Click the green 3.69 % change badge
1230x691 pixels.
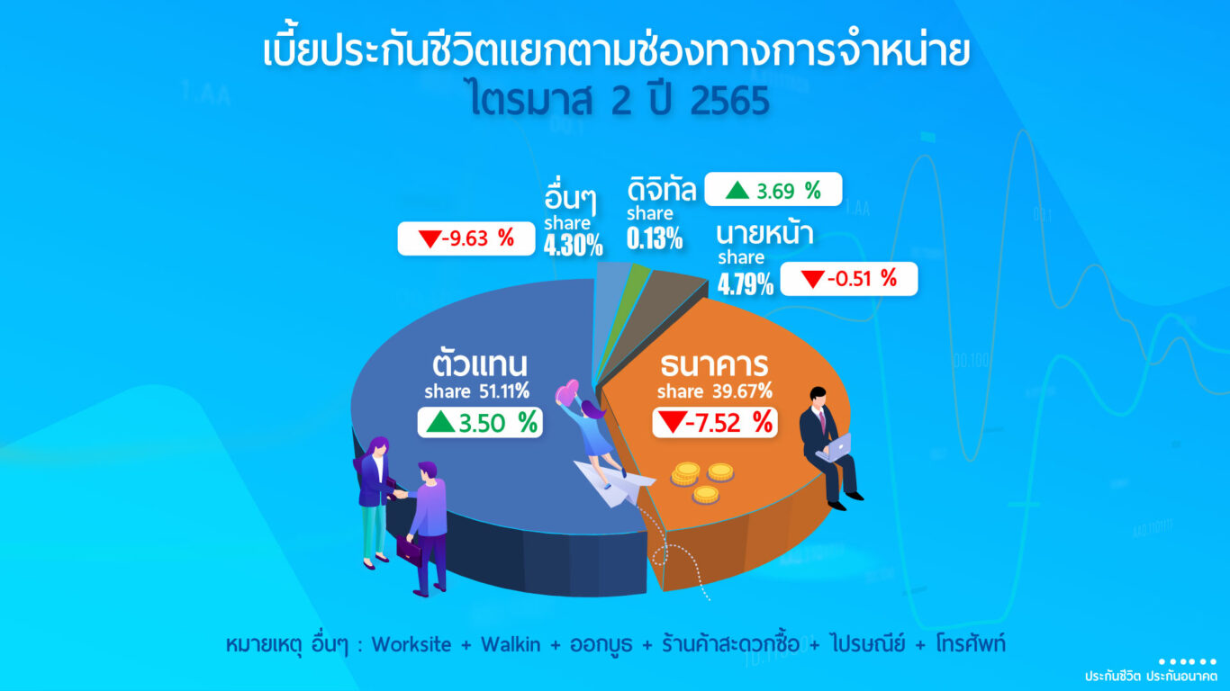click(x=773, y=189)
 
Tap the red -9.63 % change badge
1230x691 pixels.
click(x=466, y=238)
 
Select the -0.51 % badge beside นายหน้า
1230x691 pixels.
click(x=849, y=279)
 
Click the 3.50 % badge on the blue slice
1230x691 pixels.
click(x=480, y=423)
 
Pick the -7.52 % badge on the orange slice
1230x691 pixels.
click(x=715, y=423)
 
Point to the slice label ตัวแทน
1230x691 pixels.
click(x=479, y=363)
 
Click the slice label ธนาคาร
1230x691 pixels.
click(x=714, y=365)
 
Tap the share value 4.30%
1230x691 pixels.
click(x=574, y=245)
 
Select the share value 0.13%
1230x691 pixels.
click(x=655, y=238)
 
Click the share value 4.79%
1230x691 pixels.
click(x=746, y=284)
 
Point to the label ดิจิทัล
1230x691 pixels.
click(x=662, y=189)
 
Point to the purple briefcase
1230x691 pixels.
click(x=409, y=551)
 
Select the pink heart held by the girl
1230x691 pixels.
click(x=567, y=391)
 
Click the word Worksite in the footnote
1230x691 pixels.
click(x=412, y=644)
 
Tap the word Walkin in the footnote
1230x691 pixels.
click(x=511, y=644)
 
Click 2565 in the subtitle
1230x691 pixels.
click(x=729, y=101)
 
